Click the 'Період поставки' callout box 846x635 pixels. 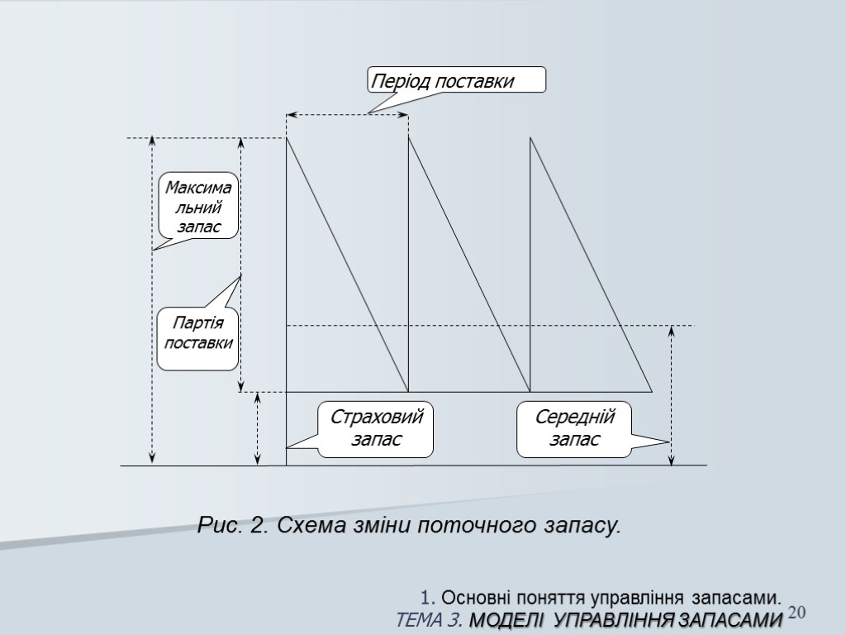pos(455,81)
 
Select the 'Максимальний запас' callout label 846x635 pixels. pos(197,206)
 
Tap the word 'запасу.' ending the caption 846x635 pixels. pos(582,525)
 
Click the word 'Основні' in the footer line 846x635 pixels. pos(475,598)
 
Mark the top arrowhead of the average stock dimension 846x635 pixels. pos(671,331)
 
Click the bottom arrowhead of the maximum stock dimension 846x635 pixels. pos(152,460)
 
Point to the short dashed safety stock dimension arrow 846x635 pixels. pos(258,428)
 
